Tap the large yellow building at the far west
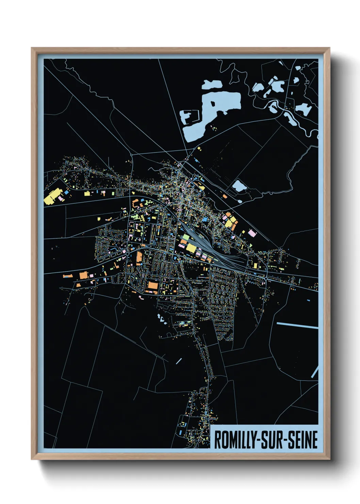click(x=51, y=197)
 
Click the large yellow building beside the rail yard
click(x=191, y=248)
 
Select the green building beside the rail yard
click(x=186, y=237)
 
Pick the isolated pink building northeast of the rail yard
click(x=251, y=233)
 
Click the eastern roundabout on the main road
click(x=265, y=279)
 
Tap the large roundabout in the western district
click(x=127, y=254)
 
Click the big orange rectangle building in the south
click(x=153, y=285)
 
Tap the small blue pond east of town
click(x=239, y=186)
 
